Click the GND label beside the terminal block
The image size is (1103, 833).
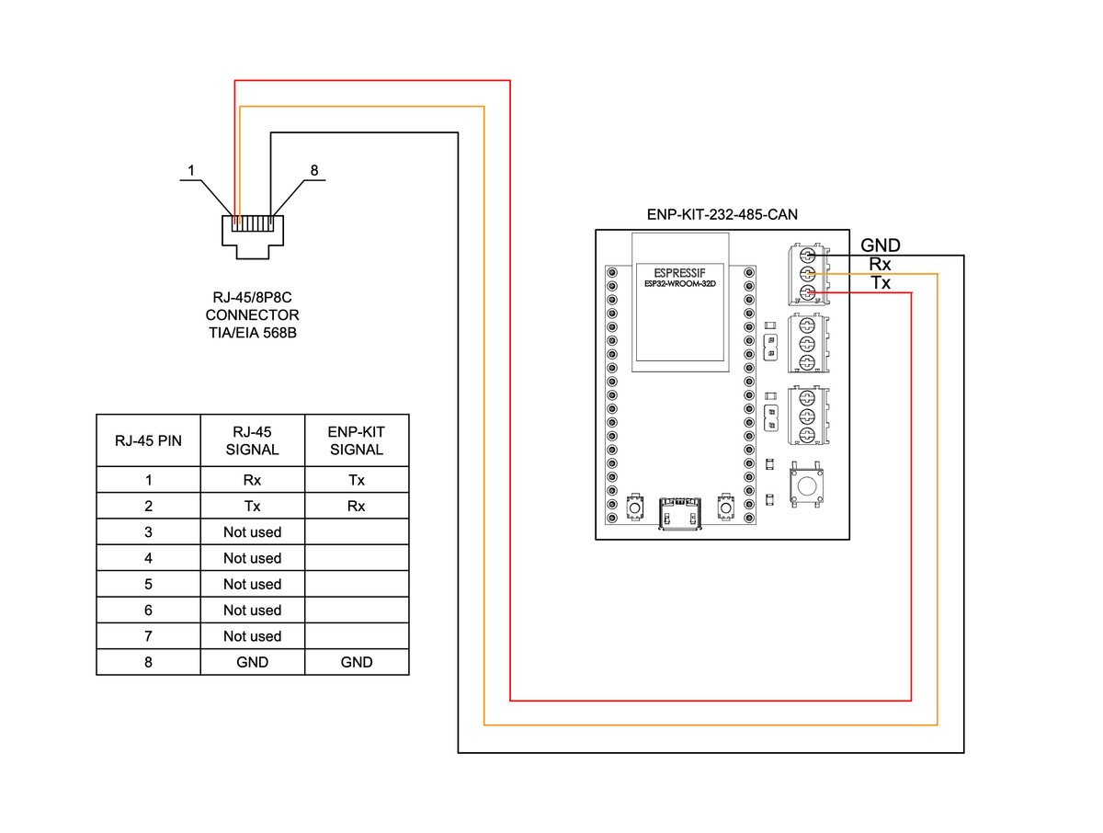pos(880,245)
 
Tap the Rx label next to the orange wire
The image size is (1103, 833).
pos(880,265)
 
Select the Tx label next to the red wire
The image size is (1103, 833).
pos(880,283)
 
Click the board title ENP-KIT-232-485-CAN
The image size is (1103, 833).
pos(722,214)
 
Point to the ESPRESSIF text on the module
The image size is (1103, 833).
pos(679,273)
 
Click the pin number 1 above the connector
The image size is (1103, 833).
pos(190,170)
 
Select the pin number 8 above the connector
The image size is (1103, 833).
pos(314,170)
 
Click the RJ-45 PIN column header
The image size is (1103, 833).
pos(148,440)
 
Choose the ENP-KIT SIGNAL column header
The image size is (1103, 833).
pos(357,440)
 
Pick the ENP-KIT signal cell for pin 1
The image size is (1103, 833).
pos(357,480)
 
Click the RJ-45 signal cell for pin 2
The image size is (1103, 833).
pos(252,506)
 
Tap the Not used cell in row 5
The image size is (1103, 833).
pos(252,584)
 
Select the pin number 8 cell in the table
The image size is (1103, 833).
pos(148,662)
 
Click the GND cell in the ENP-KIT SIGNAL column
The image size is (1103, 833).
pos(357,662)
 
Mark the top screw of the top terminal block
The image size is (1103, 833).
pos(807,255)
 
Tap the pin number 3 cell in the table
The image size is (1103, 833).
pos(148,532)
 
